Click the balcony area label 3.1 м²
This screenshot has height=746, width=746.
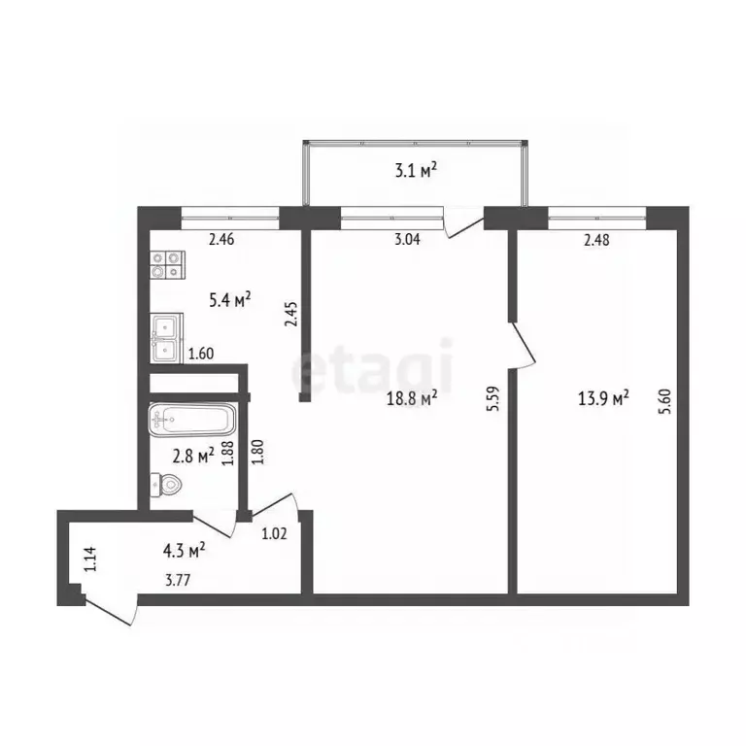click(x=415, y=172)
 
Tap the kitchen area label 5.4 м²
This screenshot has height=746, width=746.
click(x=230, y=300)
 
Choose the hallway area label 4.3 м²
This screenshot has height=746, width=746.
click(x=183, y=551)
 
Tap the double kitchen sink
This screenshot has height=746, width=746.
click(x=166, y=338)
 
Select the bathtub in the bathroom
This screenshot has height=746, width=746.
click(x=192, y=421)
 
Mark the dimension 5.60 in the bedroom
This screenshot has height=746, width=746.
click(x=664, y=400)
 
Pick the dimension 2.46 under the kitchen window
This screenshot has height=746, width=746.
click(x=222, y=240)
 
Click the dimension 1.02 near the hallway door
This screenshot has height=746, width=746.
click(x=275, y=531)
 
